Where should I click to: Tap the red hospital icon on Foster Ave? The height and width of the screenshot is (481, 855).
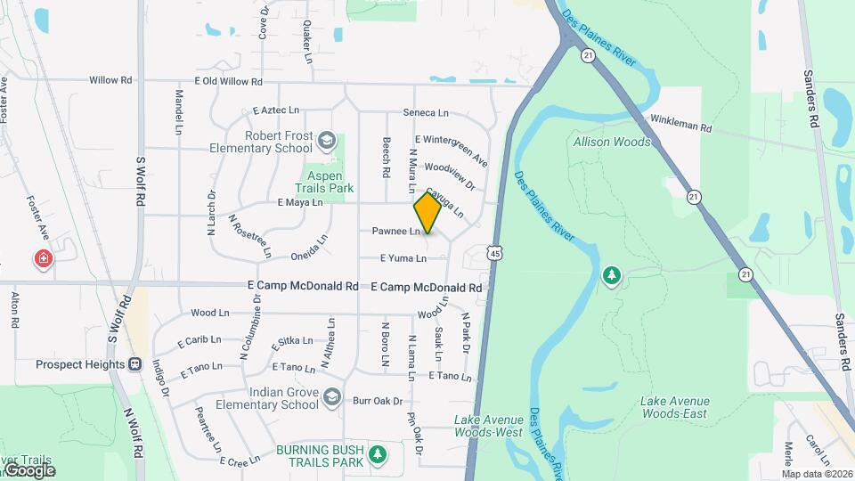[x=43, y=260]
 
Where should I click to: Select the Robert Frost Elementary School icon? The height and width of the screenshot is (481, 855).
[x=327, y=141]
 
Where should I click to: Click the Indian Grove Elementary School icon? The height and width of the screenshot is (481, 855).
[x=332, y=397]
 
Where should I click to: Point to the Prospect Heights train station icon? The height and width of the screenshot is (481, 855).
[x=135, y=364]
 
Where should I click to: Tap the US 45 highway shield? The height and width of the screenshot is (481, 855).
[x=493, y=254]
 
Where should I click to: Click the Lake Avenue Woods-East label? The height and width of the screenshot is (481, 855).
[x=673, y=407]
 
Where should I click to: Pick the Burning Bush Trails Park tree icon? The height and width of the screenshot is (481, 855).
[x=378, y=454]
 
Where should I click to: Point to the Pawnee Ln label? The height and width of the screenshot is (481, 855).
[x=395, y=232]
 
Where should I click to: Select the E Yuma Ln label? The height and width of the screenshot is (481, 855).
[x=403, y=258]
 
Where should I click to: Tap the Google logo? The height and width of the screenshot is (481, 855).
[x=29, y=469]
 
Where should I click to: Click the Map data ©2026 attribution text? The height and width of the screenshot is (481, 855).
[x=815, y=474]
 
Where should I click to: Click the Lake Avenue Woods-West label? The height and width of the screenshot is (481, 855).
[x=488, y=426]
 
